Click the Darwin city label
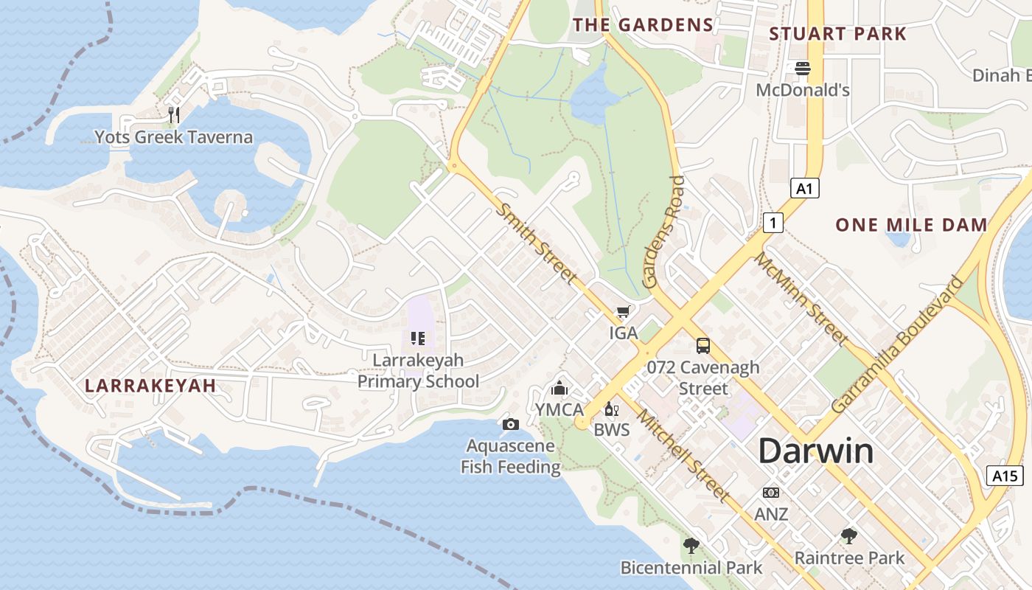tap(815, 451)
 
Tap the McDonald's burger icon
tap(803, 69)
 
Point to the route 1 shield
tap(773, 222)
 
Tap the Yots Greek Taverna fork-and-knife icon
tap(174, 114)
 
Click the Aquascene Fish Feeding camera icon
tap(510, 424)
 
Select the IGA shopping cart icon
tap(623, 312)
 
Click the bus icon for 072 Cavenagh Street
tap(703, 345)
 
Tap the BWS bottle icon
tap(611, 409)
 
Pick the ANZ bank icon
tap(771, 492)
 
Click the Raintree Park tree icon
tap(848, 536)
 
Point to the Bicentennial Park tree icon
tap(691, 546)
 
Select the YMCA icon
tap(559, 388)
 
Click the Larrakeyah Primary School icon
tap(418, 339)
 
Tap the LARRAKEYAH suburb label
tap(150, 386)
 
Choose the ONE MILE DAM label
tap(911, 226)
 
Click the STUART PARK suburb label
tap(837, 34)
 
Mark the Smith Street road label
tap(536, 243)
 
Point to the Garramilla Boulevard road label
tap(897, 344)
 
